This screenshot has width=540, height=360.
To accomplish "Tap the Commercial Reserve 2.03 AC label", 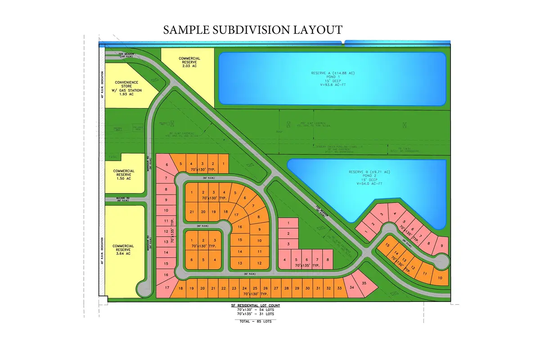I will pyautogui.click(x=189, y=62).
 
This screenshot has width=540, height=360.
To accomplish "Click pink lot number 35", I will pyautogui.click(x=364, y=283).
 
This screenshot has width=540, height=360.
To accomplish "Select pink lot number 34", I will pyautogui.click(x=351, y=288).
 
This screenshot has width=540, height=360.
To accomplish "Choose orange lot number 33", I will pyautogui.click(x=340, y=288).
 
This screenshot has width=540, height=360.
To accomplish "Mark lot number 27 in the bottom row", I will pyautogui.click(x=276, y=288).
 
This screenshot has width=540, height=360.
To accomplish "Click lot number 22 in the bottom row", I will pyautogui.click(x=224, y=288).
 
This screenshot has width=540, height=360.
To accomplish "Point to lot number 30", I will pyautogui.click(x=308, y=288).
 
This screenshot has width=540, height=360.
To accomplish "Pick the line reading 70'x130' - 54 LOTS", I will pyautogui.click(x=256, y=310).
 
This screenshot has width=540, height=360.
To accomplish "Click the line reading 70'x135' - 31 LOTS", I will pyautogui.click(x=256, y=314).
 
